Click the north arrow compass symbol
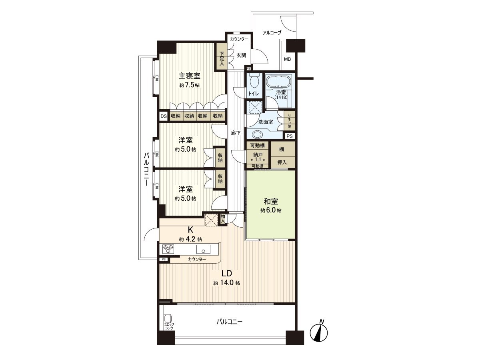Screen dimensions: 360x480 coord(319,331)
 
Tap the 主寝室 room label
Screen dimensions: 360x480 coord(189,76)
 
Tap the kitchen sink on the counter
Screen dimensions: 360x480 coord(204,251)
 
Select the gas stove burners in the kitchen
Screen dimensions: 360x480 coord(168,249)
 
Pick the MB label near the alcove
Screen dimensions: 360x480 coord(287,60)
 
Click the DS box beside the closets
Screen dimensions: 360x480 coord(163,116)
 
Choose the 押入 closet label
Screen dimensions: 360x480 coord(282,162)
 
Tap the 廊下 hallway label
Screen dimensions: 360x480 coord(235,132)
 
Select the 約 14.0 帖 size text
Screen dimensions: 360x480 coord(226,283)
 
